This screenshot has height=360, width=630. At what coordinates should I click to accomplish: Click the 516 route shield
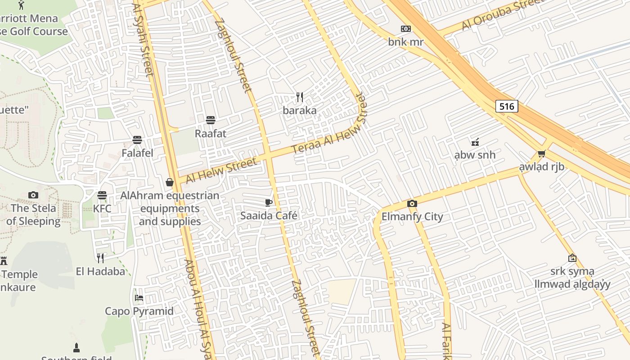click(x=507, y=106)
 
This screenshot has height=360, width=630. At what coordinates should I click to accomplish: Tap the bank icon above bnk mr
click(x=406, y=29)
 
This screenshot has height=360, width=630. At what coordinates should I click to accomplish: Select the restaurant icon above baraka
click(x=300, y=97)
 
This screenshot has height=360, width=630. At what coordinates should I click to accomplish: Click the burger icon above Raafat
click(x=210, y=120)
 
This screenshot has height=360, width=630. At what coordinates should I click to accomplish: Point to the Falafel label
click(x=137, y=153)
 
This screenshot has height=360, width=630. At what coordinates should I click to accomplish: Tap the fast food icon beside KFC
click(x=102, y=195)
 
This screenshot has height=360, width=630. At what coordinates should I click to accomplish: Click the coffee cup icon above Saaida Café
click(x=269, y=202)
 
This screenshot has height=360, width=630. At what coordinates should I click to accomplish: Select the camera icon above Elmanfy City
click(x=412, y=203)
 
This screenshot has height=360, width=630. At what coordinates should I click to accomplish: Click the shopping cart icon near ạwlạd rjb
click(x=541, y=153)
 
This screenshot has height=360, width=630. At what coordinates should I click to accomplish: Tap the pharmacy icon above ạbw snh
click(x=475, y=142)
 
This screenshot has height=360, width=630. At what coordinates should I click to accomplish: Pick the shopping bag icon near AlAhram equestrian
click(x=170, y=182)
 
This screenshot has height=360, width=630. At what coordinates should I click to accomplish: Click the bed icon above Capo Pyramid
click(x=139, y=297)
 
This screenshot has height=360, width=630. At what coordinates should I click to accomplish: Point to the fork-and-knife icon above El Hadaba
click(x=100, y=258)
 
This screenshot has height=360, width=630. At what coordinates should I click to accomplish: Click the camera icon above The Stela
click(x=33, y=195)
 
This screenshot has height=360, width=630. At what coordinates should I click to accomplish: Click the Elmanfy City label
click(x=412, y=216)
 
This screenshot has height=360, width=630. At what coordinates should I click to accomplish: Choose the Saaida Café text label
click(x=269, y=216)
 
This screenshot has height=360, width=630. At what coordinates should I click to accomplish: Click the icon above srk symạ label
click(x=572, y=258)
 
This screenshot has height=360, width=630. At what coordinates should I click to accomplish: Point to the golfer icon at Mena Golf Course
click(x=21, y=5)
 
